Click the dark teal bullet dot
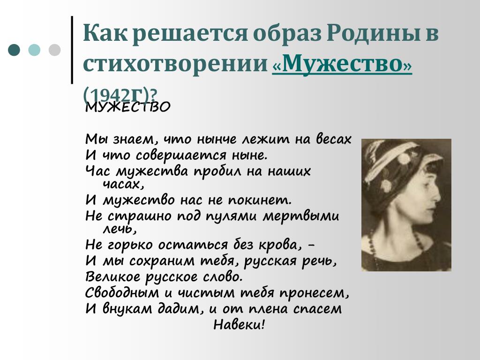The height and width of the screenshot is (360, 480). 14,50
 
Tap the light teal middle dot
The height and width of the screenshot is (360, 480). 34,50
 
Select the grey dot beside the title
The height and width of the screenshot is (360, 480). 54,50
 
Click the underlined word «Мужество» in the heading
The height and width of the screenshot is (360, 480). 342,64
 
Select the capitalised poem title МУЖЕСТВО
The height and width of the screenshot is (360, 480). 127,107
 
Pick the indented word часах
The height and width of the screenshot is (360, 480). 123,184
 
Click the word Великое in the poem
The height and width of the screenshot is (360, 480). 112,277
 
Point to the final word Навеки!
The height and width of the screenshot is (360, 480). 239,324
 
